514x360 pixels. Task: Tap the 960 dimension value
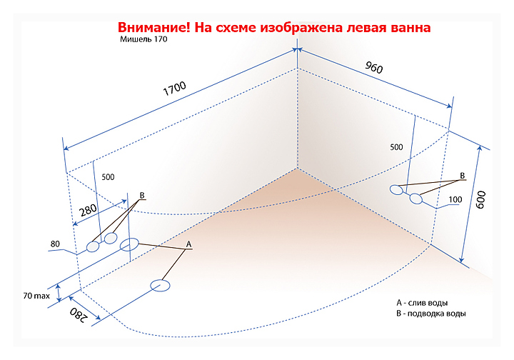coord(374,68)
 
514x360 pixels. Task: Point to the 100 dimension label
coord(455,199)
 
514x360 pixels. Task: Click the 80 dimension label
coord(55,244)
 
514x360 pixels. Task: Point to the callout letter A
coord(188,244)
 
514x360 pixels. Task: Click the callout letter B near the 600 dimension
coord(462,175)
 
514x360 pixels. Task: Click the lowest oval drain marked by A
coord(161,286)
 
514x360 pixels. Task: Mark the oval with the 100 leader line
coord(416,199)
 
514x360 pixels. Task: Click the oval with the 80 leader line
coord(93,247)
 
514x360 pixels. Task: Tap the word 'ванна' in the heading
coord(409,28)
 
